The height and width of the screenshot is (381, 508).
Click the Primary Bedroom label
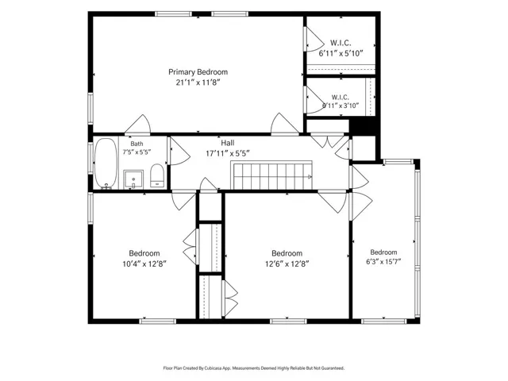click(x=198, y=72)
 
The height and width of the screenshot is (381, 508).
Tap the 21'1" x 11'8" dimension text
click(x=198, y=83)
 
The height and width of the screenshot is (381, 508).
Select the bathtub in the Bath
click(x=106, y=164)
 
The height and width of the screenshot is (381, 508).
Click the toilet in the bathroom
click(x=157, y=175)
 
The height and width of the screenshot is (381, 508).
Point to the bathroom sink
click(x=133, y=179)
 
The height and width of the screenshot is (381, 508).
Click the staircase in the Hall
click(x=272, y=175)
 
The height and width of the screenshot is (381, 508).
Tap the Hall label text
click(x=228, y=143)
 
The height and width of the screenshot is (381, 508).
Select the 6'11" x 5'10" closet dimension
click(x=341, y=53)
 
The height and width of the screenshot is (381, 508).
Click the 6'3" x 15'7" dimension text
click(x=383, y=262)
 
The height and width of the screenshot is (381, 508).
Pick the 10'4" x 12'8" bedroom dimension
click(x=144, y=264)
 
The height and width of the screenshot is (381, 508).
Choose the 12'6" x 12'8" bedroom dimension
click(x=287, y=264)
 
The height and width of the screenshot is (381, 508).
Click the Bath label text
click(x=137, y=144)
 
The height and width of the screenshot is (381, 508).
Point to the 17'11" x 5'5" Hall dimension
click(x=228, y=153)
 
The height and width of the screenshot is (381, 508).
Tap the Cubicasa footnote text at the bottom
click(x=254, y=368)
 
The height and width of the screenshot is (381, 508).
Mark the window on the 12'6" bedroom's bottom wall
click(x=288, y=321)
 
